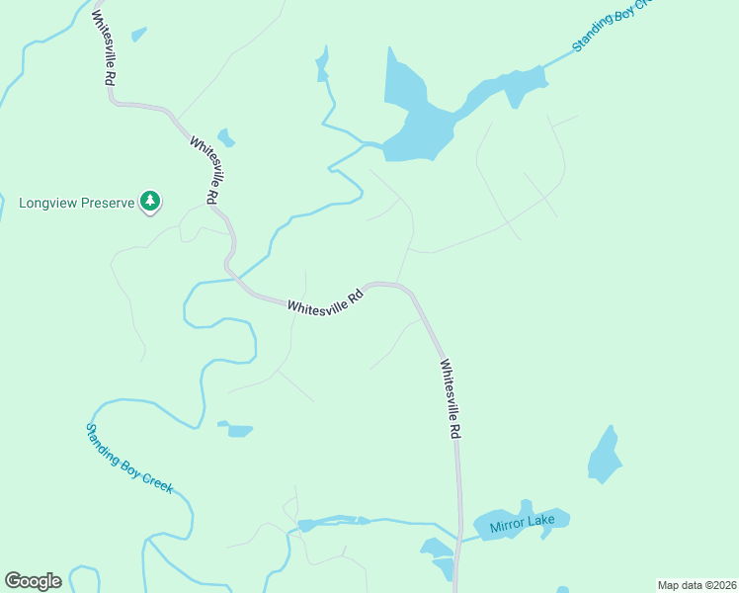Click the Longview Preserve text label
pos(76,203)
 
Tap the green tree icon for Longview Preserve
pos(150,202)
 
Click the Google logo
pos(33,581)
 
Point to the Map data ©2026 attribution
pos(697,585)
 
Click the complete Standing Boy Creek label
pos(128,459)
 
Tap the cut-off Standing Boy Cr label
pos(613,27)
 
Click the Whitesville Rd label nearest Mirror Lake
pos(451,398)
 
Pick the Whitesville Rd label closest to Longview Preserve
pos(205,170)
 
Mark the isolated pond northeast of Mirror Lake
pos(604,456)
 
